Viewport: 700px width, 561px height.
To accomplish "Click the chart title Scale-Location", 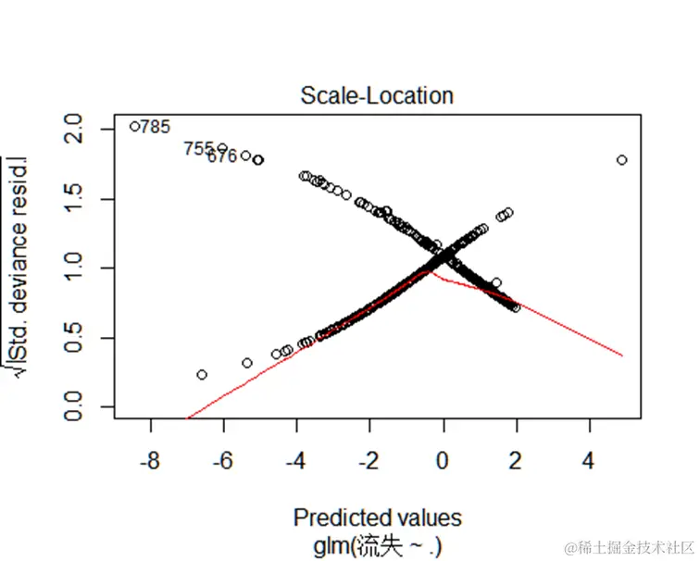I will [377, 95].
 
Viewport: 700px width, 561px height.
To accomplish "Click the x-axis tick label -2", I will [369, 460].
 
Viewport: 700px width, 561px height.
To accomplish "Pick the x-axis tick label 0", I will [444, 460].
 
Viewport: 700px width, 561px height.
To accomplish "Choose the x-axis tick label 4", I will [590, 460].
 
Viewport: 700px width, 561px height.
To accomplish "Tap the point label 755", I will [198, 148].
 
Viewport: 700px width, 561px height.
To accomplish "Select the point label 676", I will [222, 157].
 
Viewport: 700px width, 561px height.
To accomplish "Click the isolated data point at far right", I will [621, 160].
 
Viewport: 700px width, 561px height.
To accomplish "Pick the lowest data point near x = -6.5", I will [202, 375].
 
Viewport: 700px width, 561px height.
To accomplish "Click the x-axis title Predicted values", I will [377, 517].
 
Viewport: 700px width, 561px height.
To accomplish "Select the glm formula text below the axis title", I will [377, 545].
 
